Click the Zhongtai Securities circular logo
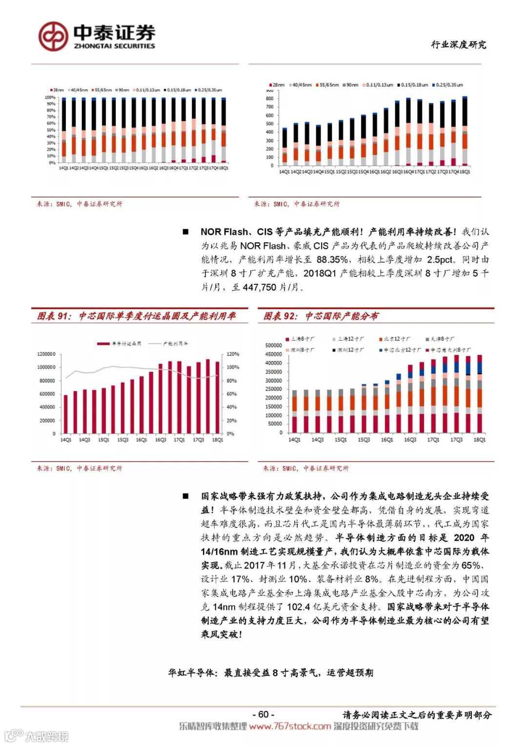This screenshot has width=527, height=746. (53, 36)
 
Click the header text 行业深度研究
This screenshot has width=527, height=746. (458, 44)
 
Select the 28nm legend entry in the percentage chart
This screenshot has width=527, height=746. (57, 90)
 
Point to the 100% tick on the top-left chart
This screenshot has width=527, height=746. (50, 98)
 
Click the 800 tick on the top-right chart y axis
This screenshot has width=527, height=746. (269, 99)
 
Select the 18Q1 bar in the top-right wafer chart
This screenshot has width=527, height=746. (465, 132)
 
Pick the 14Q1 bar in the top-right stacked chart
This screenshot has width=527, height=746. (284, 147)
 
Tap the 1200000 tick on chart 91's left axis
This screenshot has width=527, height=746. (46, 354)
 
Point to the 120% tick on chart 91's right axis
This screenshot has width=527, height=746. (233, 354)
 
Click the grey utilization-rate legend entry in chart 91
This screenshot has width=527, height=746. (168, 343)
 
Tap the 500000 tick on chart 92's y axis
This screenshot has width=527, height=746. (273, 345)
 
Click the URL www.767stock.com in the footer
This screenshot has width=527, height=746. (290, 726)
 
